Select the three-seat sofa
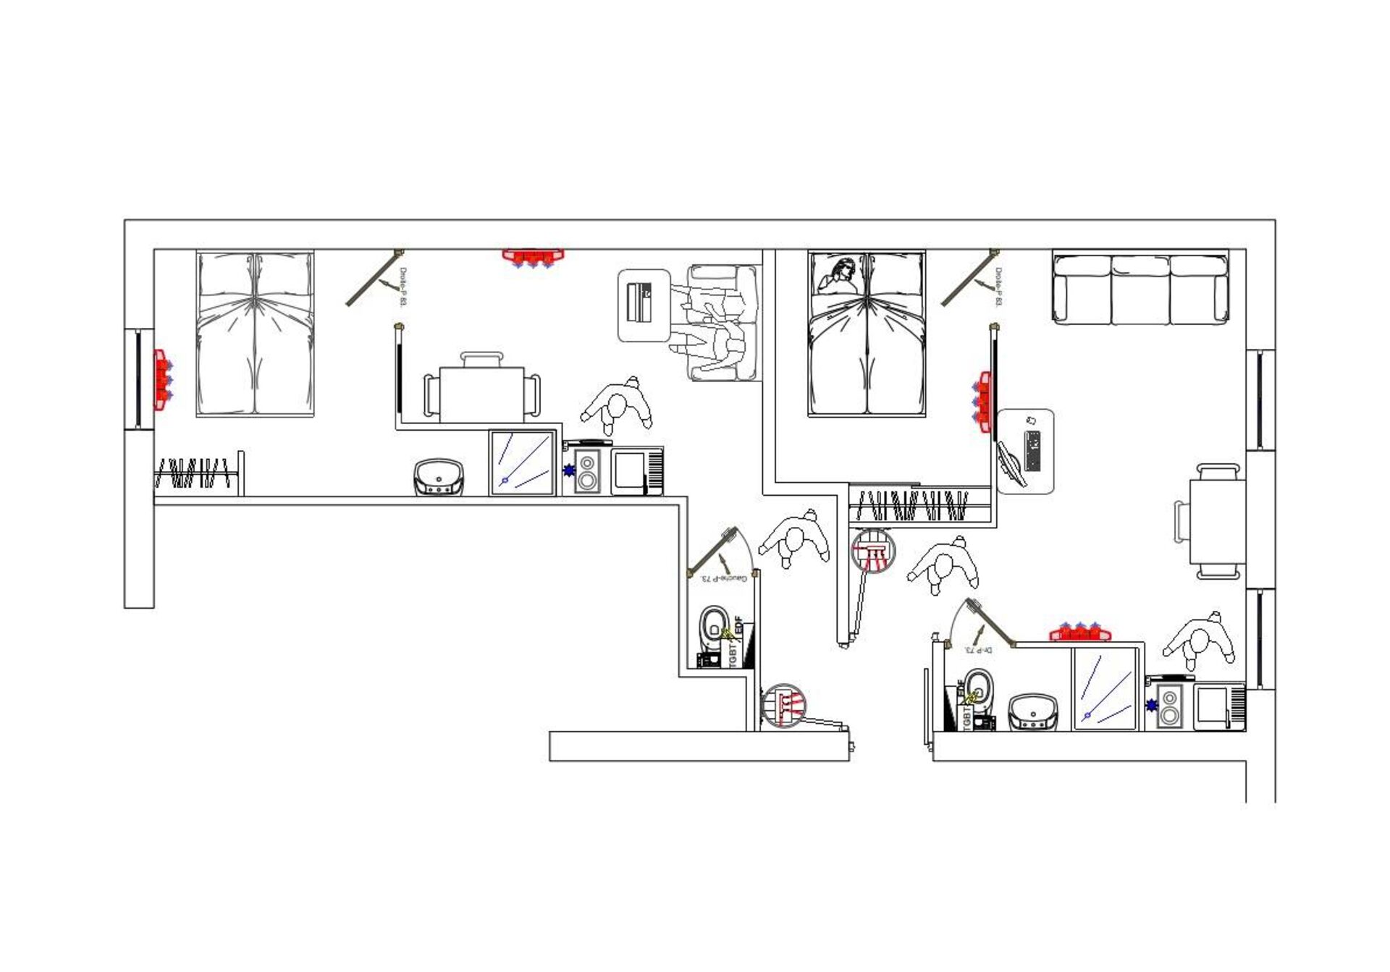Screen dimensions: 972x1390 (x=1140, y=288)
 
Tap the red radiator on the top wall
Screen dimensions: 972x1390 (x=533, y=258)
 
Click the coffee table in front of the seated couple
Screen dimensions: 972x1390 (x=644, y=305)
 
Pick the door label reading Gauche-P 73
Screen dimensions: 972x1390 (x=723, y=578)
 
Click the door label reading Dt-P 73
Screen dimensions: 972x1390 (x=979, y=650)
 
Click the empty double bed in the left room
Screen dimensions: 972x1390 (x=255, y=334)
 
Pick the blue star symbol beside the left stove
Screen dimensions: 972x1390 (x=569, y=470)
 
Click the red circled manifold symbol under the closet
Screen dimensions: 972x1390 (x=873, y=551)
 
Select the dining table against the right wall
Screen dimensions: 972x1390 (x=1217, y=521)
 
